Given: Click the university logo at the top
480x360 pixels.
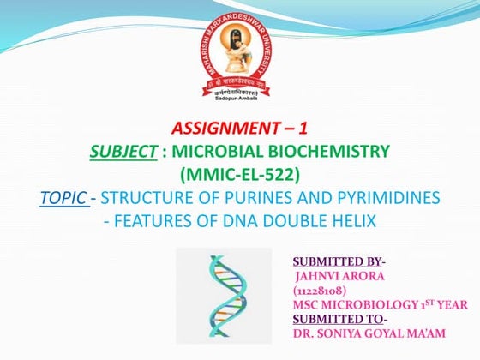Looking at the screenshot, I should tap(239, 53).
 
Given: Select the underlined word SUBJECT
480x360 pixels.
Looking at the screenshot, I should tap(117, 153).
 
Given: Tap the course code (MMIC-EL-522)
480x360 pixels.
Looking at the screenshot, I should tap(239, 176).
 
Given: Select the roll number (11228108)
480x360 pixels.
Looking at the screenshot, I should tap(321, 291).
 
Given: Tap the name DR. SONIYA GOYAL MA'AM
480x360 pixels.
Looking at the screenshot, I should tap(366, 333).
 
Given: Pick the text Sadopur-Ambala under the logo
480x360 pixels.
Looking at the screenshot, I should tap(239, 100).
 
